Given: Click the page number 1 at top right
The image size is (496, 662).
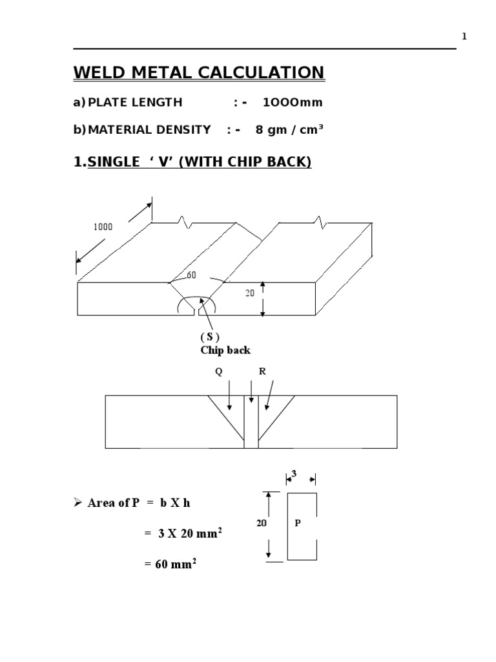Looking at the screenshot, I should pos(464,37).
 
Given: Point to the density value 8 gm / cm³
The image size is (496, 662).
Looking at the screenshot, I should pos(289,130).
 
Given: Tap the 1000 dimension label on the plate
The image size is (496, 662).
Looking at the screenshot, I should pos(103,227).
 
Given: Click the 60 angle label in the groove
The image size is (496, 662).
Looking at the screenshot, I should pos(191,275).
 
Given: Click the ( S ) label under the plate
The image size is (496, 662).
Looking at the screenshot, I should pos(209,337).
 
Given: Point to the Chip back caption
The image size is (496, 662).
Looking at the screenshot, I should pos(225,350).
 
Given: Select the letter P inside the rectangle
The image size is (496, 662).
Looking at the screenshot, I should pos(297,524).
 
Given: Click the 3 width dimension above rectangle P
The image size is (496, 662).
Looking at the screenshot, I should pos(294,474).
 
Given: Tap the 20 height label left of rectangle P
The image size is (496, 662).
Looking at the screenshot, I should pos(262,524).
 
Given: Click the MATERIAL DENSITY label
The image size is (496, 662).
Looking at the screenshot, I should pos(149,130).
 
